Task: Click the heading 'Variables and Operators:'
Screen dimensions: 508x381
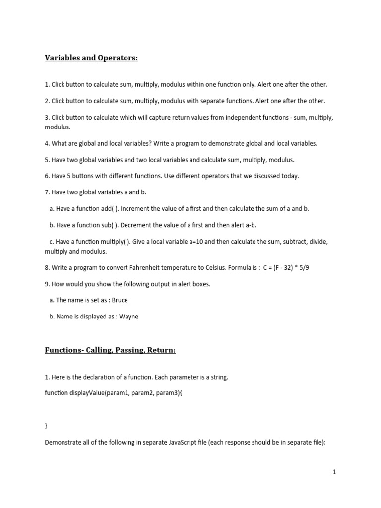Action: click(91, 59)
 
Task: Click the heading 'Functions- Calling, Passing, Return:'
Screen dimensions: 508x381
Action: click(110, 350)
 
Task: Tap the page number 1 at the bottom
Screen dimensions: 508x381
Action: click(334, 472)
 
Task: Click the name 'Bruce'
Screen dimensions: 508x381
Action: click(120, 300)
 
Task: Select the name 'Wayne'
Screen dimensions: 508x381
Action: click(129, 317)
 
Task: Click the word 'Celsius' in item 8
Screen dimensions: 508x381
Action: click(215, 268)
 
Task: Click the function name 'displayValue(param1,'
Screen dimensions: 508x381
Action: click(98, 393)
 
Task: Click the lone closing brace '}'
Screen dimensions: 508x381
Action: click(46, 426)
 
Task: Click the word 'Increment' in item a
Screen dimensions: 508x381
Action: click(138, 209)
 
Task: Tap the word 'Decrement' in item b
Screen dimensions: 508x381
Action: click(138, 225)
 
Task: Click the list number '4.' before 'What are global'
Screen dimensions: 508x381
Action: click(48, 144)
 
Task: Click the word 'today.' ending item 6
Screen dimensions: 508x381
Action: click(291, 176)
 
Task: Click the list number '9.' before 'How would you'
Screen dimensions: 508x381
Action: click(48, 284)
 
